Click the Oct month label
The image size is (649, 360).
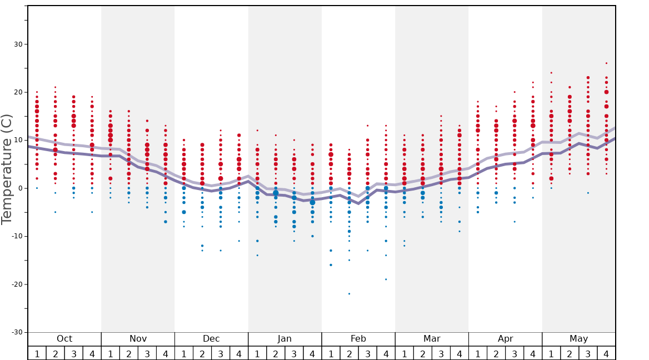pos(64,339)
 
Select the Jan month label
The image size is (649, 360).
pos(284,339)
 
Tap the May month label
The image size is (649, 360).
pos(578,339)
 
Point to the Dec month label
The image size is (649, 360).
pos(211,339)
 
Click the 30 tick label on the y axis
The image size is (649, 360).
pos(18,44)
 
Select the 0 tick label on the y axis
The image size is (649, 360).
pos(20,188)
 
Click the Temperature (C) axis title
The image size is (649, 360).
pos(7,169)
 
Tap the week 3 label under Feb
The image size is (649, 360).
pos(367,353)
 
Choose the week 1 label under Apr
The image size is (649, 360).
pos(477,353)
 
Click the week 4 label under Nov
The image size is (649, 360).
pos(165,353)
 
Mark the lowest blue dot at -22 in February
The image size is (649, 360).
pos(349,293)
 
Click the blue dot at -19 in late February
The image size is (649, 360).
pos(386,279)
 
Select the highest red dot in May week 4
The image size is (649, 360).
pos(606,63)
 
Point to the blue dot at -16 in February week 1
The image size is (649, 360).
pos(331,265)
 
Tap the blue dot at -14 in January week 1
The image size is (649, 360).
pos(257,255)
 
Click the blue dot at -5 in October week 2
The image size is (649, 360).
pos(55,212)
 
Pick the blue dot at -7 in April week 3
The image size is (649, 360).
pos(515,222)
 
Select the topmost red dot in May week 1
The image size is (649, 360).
pos(551,73)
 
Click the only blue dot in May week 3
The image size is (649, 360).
pos(588,193)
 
